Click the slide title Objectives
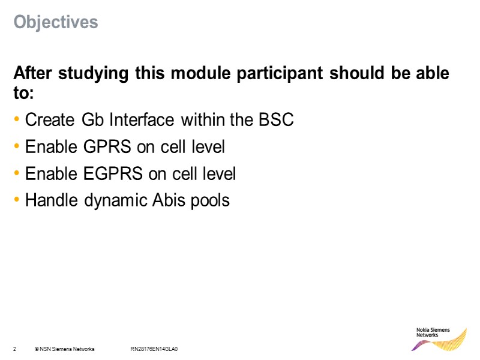click(x=56, y=22)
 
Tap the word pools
click(x=210, y=200)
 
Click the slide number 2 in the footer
click(x=14, y=349)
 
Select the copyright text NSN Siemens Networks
click(x=65, y=349)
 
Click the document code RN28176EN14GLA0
click(x=155, y=349)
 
